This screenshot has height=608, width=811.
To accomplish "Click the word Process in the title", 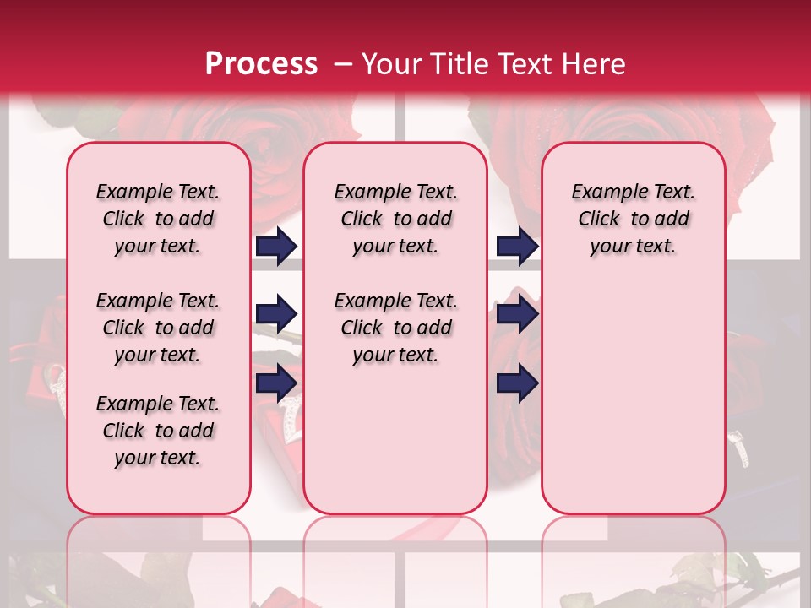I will tap(261, 64).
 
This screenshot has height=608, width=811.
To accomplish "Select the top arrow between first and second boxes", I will tap(276, 247).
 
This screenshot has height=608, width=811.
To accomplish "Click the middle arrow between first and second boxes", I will tap(276, 315).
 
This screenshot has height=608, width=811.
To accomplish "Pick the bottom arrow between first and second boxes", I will tap(276, 383).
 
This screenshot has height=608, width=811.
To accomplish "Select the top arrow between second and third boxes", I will tap(517, 247).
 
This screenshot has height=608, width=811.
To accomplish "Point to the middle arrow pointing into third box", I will tap(517, 315).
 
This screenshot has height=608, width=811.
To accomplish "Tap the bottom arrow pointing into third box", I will tap(517, 383).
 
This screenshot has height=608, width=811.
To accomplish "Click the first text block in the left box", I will tap(158, 219).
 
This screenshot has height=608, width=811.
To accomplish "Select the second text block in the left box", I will tap(158, 328).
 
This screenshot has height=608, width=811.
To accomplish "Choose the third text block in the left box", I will tap(158, 431).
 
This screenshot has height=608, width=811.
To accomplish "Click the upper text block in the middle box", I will tap(395, 219).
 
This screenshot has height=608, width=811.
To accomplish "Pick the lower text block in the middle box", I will tap(395, 328).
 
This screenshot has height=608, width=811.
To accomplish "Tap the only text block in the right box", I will tap(633, 219).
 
